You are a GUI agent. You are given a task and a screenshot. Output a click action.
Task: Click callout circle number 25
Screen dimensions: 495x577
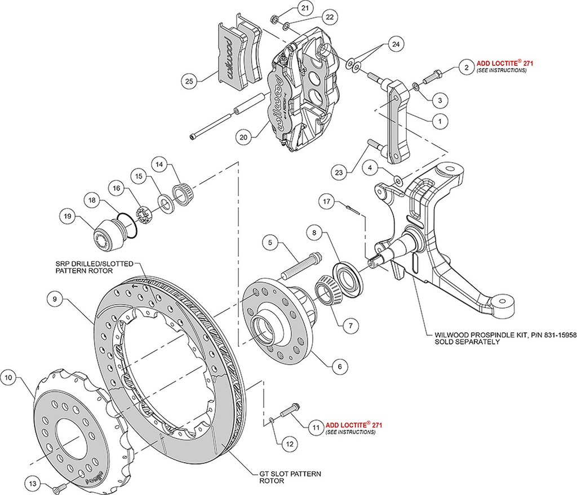[x=190, y=81]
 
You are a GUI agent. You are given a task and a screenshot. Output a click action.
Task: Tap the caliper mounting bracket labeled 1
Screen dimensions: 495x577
[x=401, y=121]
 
